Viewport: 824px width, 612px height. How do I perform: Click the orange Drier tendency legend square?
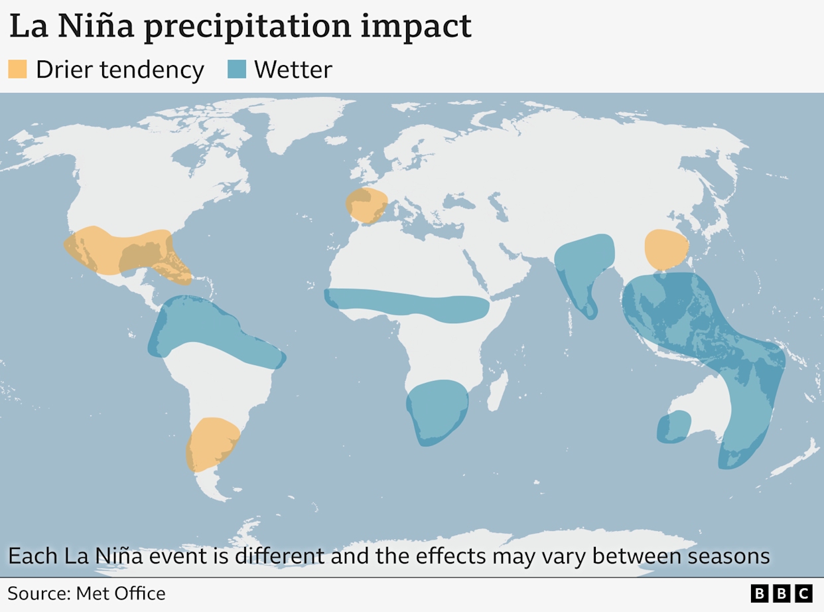click(17, 69)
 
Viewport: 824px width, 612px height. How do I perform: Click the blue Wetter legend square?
click(236, 69)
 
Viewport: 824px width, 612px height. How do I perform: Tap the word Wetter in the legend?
click(293, 69)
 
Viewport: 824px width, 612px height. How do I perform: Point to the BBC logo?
click(782, 593)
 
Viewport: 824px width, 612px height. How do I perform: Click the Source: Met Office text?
click(86, 593)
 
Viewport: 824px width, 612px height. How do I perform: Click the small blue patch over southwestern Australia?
click(673, 427)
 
